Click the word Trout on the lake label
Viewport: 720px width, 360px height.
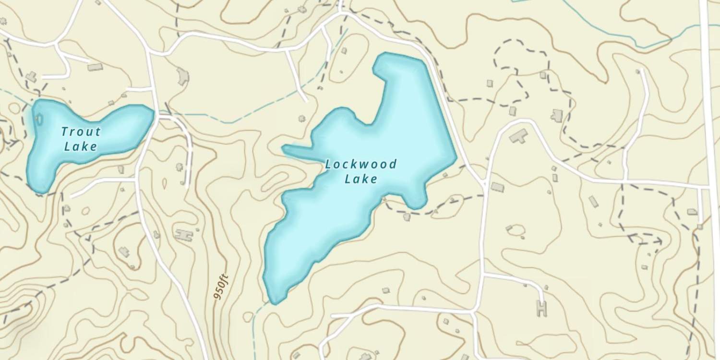click(x=81, y=132)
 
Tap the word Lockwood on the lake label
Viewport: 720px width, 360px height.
click(x=361, y=165)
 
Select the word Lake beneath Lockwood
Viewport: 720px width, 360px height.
click(x=361, y=180)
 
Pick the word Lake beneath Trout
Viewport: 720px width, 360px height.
click(x=81, y=146)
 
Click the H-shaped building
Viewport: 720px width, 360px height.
click(x=542, y=308)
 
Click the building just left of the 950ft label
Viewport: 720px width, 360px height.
click(x=184, y=235)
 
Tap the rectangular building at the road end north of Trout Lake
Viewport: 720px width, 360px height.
click(x=95, y=67)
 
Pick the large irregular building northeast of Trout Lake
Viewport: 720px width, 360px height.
click(x=182, y=76)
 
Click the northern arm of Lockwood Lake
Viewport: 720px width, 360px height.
click(x=403, y=77)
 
